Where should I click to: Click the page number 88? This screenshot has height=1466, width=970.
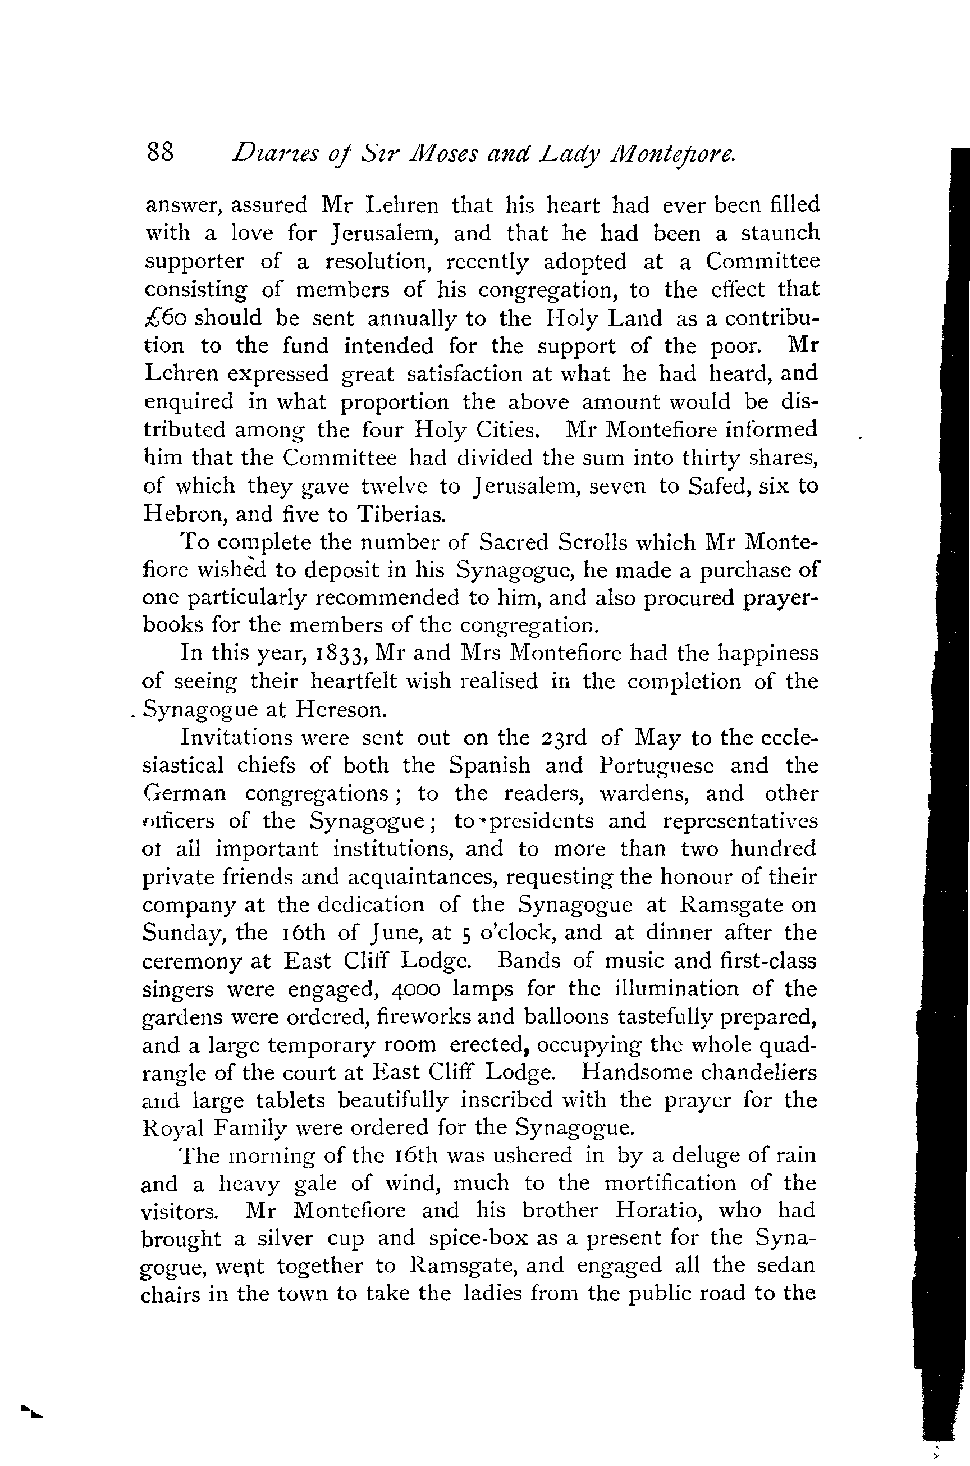coord(160,152)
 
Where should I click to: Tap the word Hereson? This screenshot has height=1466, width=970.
coord(341,710)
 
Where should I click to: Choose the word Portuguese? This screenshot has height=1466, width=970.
coord(656,765)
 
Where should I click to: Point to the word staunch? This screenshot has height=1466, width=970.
coord(780,234)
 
